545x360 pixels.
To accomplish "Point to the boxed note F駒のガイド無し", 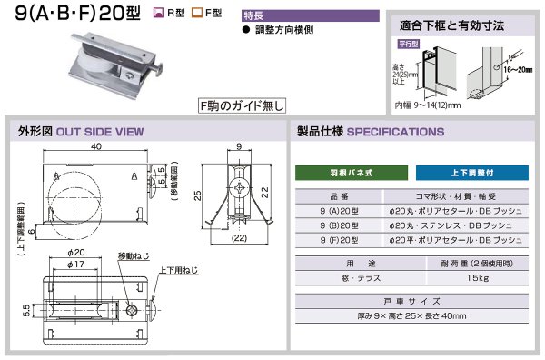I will [234, 105].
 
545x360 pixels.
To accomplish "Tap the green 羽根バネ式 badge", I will [348, 172].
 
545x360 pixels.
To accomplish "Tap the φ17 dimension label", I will [78, 264].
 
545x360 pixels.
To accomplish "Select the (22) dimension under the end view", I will [239, 238].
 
